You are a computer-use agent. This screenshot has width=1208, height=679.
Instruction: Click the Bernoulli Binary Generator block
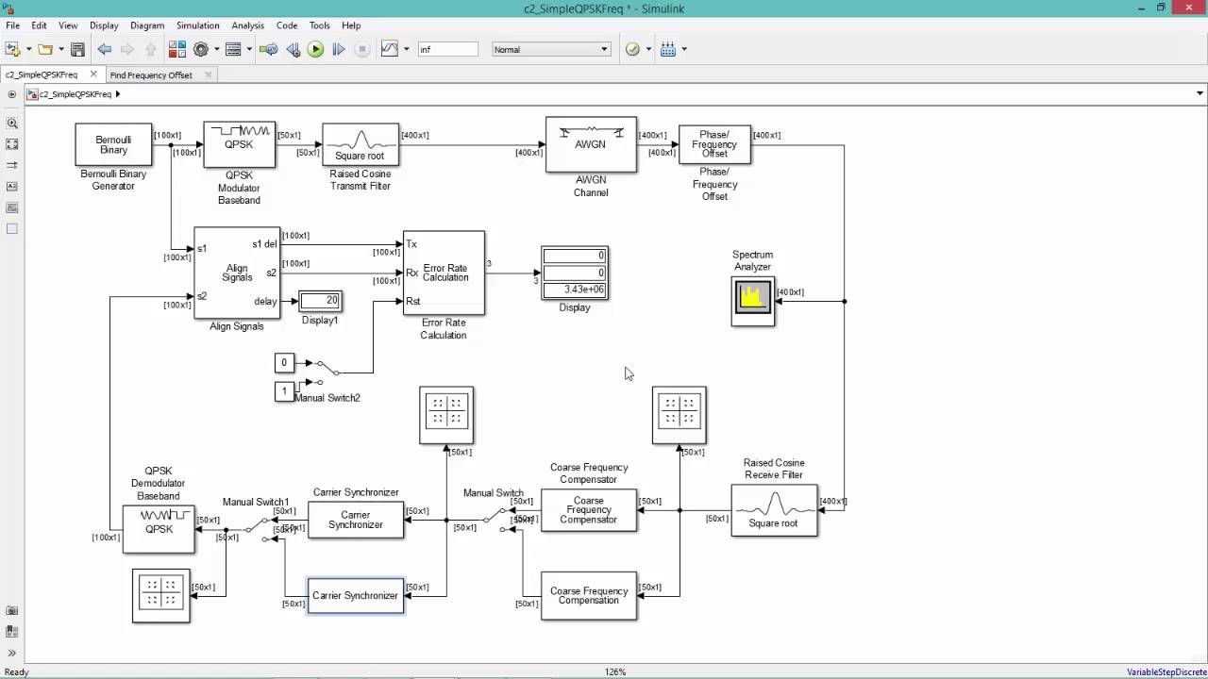pos(113,144)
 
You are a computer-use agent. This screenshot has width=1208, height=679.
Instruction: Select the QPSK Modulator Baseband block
pos(239,144)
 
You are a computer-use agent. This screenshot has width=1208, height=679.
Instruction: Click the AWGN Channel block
pos(591,144)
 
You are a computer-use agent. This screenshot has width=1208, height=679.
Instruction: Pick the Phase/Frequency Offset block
pos(714,144)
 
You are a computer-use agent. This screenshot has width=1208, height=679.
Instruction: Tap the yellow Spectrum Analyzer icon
pos(752,299)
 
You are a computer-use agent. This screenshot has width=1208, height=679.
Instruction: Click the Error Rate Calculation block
pos(444,273)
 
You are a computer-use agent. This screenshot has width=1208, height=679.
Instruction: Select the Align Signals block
pos(237,273)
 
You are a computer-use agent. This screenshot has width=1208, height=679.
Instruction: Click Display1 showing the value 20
pos(320,301)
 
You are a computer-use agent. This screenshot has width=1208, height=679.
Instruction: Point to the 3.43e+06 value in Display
pos(575,290)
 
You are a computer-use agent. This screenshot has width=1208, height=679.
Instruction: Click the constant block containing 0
pos(283,362)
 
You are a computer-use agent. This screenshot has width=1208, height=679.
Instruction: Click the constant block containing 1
pos(283,391)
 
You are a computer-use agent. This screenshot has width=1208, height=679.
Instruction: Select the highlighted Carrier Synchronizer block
pos(356,596)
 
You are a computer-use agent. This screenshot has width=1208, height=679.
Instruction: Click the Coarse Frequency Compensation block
pos(589,596)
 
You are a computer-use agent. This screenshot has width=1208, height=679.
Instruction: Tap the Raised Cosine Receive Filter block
pos(774,510)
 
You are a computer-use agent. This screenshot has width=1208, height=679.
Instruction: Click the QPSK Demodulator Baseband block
pos(159,528)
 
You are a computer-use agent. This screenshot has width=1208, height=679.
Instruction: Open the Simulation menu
pos(197,25)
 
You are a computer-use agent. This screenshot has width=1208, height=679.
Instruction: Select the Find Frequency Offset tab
pos(151,75)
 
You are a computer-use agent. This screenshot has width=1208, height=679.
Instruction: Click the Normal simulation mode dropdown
pos(551,49)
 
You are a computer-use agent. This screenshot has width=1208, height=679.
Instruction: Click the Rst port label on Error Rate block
pos(412,302)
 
